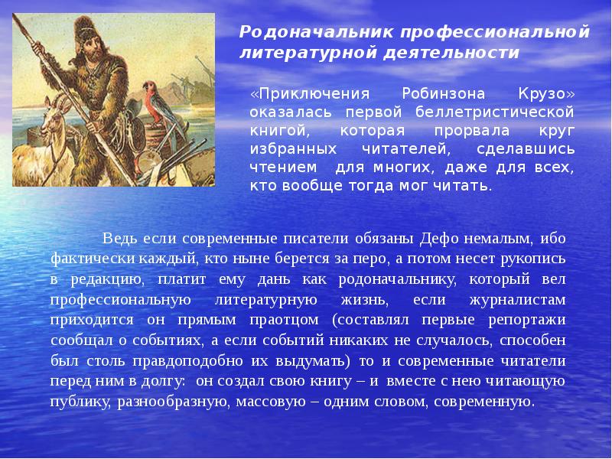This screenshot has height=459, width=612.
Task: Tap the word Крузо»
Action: tap(545, 94)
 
